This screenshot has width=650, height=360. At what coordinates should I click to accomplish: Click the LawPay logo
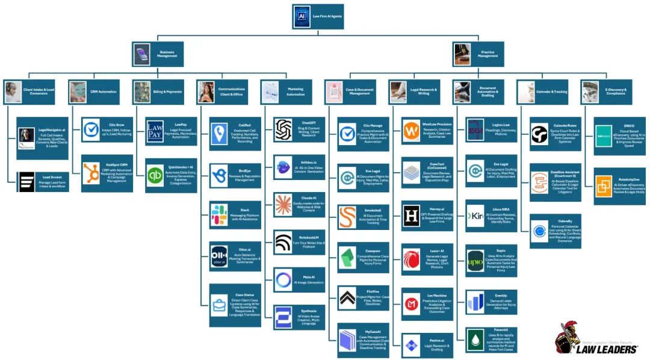point(155,133)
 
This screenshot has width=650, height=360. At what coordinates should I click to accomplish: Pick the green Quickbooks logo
point(155,176)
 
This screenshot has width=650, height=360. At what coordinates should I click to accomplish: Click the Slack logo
point(219,216)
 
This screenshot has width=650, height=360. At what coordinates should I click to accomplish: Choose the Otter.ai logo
point(219,255)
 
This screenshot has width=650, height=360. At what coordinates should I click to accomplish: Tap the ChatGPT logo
point(283,130)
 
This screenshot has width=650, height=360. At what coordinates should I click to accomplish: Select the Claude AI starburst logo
point(283,205)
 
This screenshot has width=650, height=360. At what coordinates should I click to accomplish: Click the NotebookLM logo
point(283,242)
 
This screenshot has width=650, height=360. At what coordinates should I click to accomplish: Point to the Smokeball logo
point(347,216)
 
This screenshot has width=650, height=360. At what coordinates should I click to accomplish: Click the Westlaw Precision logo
point(412,130)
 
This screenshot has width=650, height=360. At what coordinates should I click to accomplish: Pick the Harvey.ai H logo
point(412,216)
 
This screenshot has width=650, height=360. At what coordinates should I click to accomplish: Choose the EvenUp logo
point(475,302)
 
